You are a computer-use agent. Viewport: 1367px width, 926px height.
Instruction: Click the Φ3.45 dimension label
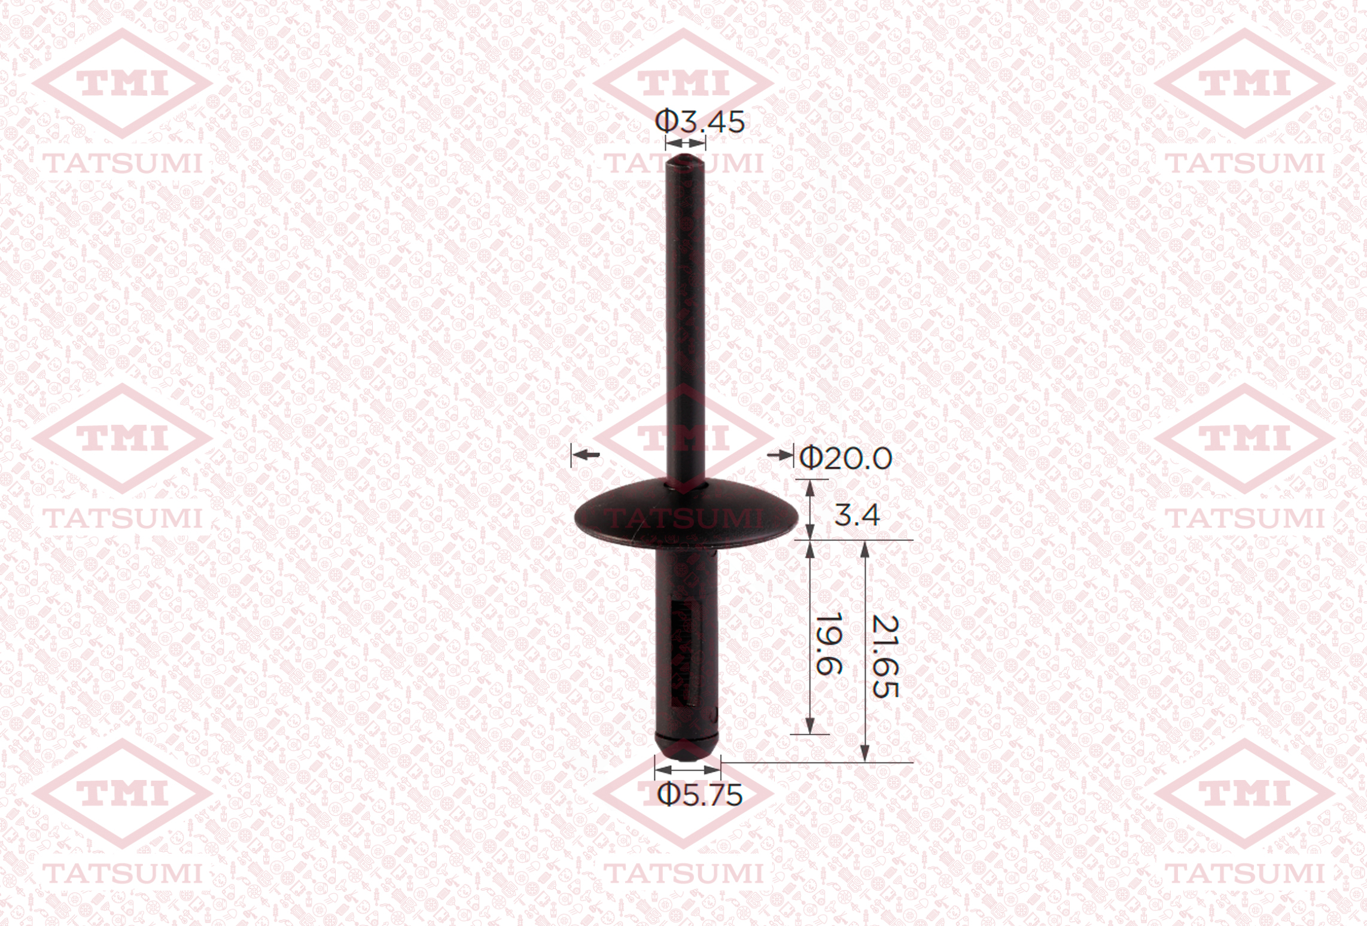[x=700, y=121]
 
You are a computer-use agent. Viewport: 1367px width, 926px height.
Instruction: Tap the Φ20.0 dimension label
[x=846, y=459]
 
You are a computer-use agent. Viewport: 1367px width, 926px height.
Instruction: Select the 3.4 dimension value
[x=857, y=515]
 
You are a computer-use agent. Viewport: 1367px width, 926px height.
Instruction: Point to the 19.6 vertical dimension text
[x=829, y=643]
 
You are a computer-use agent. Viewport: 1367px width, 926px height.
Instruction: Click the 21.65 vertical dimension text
[x=885, y=656]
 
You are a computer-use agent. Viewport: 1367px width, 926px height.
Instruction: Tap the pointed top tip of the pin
[x=686, y=156]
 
